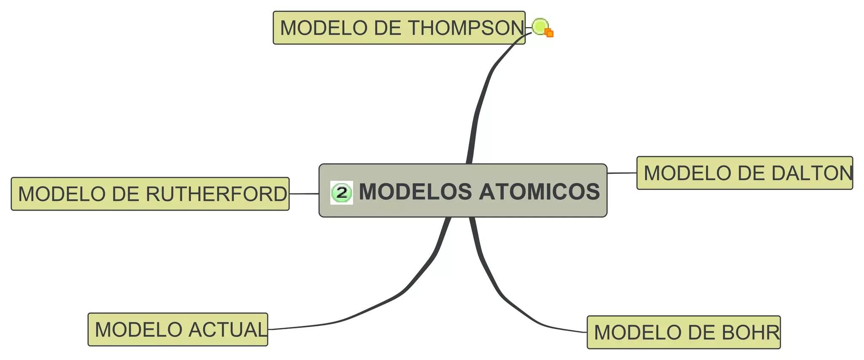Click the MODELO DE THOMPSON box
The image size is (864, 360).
coord(399,28)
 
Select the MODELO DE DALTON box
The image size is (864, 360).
coord(744,173)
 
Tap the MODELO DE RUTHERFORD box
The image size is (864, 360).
coord(150,194)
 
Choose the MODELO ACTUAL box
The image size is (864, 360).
coord(178,330)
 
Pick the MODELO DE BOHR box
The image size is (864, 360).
coord(683,333)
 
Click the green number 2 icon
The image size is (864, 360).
coord(341,192)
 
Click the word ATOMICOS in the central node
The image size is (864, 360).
coord(539,192)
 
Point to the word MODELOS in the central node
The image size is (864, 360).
coord(415,192)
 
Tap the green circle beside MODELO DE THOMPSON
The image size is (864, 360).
coord(539,26)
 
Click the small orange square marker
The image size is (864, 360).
coord(549,33)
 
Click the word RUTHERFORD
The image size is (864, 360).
coord(216,194)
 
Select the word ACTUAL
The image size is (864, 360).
coord(228,330)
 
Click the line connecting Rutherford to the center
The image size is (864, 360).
coord(304,194)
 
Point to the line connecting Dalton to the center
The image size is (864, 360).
coord(622,173)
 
